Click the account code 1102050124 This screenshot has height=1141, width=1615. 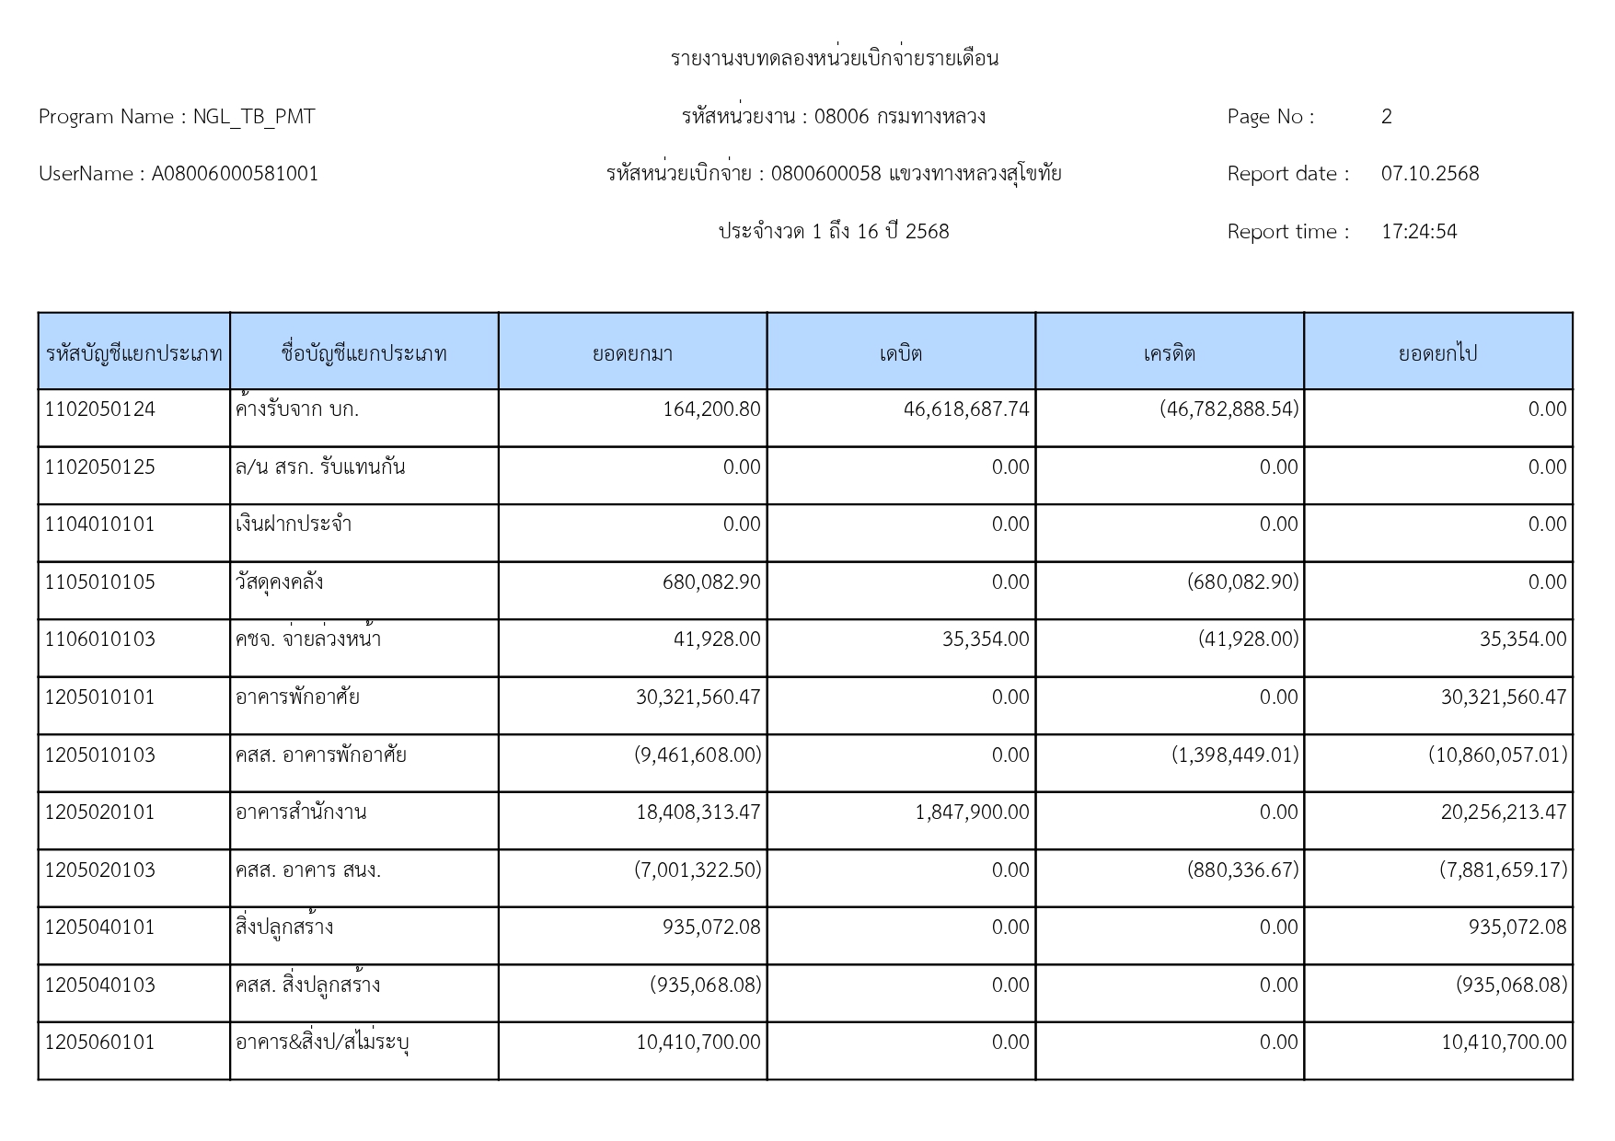click(100, 409)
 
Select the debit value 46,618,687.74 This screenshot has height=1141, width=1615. click(966, 409)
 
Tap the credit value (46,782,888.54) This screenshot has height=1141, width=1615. click(1229, 409)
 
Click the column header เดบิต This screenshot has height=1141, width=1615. click(901, 353)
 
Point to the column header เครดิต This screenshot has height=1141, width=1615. click(1169, 353)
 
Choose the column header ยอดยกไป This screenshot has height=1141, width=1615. click(1437, 353)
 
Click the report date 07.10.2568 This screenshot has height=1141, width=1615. click(1430, 174)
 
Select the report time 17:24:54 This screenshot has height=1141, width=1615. click(1419, 232)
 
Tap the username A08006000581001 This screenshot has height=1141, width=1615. click(235, 174)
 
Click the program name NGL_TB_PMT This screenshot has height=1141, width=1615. click(254, 117)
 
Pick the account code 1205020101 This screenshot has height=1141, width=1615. click(100, 813)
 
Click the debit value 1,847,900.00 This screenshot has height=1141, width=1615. click(972, 813)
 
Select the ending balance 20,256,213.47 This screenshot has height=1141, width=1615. click(1504, 813)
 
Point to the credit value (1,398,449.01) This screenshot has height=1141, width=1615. click(1235, 755)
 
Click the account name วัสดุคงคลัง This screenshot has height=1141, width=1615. click(279, 582)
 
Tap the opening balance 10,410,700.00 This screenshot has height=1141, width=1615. click(698, 1043)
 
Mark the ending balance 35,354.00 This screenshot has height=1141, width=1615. click(1523, 640)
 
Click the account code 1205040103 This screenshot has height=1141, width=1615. click(100, 985)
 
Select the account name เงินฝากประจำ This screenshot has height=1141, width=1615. click(294, 524)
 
